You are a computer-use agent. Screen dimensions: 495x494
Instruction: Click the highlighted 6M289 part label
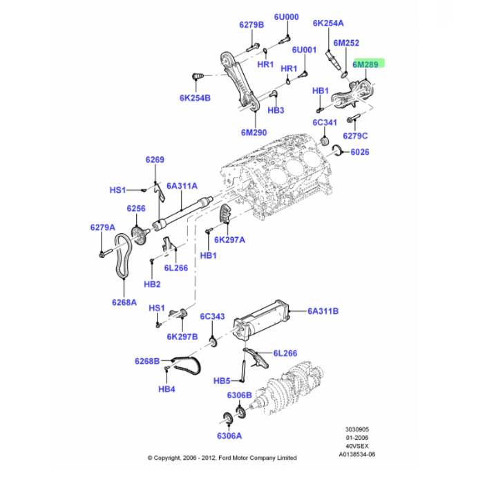(365, 64)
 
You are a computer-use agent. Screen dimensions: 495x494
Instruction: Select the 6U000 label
(285, 17)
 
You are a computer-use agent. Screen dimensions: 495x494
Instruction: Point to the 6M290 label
(254, 132)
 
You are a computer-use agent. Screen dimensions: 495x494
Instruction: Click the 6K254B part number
(195, 98)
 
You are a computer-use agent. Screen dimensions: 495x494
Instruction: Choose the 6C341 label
(325, 122)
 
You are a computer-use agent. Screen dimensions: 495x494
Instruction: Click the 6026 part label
(360, 152)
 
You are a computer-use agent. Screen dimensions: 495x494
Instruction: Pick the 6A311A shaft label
(182, 186)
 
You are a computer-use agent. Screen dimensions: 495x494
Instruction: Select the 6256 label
(135, 208)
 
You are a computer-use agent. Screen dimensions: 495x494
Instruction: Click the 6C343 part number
(213, 317)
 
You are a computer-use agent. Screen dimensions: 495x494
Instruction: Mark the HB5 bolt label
(222, 381)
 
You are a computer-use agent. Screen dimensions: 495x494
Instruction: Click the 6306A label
(229, 436)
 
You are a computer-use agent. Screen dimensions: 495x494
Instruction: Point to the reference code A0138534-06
(358, 454)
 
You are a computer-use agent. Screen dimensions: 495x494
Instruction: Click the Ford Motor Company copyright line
(222, 458)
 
